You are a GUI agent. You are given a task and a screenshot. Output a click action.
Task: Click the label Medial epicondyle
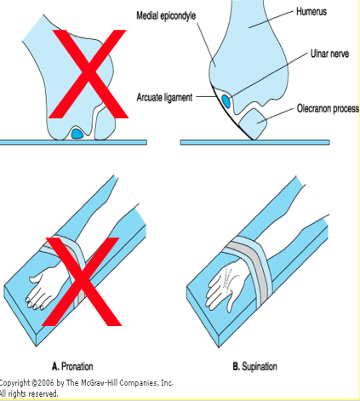pyautogui.click(x=166, y=16)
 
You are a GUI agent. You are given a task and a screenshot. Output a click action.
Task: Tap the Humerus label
pyautogui.click(x=311, y=12)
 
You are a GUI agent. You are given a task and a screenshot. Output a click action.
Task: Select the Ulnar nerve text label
pyautogui.click(x=329, y=54)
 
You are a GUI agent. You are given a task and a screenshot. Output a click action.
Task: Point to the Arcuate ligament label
pyautogui.click(x=164, y=97)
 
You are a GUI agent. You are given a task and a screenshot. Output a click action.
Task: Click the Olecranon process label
pyautogui.click(x=328, y=108)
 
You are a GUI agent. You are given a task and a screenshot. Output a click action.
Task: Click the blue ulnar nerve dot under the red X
pyautogui.click(x=77, y=134)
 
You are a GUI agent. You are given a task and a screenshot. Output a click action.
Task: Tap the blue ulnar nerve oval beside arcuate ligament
pyautogui.click(x=226, y=101)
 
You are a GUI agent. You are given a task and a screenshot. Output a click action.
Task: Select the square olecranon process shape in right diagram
pyautogui.click(x=253, y=123)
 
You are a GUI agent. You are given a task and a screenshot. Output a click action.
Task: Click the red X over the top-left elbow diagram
pyautogui.click(x=89, y=74)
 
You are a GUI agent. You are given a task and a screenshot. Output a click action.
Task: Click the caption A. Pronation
pyautogui.click(x=72, y=366)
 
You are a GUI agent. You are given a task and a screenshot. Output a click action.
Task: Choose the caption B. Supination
pyautogui.click(x=254, y=366)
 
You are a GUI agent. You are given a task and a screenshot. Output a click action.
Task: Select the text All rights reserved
pyautogui.click(x=28, y=393)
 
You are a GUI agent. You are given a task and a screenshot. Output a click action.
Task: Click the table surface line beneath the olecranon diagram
pyautogui.click(x=254, y=142)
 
